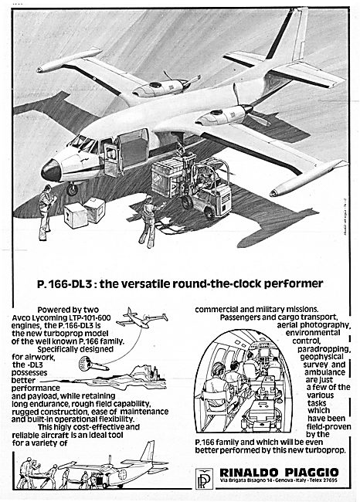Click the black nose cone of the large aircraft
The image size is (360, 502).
coord(51,171)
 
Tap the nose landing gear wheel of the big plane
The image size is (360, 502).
coord(72,189)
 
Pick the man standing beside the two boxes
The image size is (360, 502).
coord(46,212)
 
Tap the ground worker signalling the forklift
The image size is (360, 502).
coord(150,222)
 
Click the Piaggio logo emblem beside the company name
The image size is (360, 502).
coord(204,478)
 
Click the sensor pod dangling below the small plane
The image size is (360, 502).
coord(93,364)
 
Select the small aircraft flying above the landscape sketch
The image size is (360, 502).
coord(141,317)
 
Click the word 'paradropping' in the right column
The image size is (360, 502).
coord(324,349)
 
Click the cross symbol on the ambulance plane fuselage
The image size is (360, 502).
coord(122,474)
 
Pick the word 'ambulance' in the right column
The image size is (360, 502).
coord(324,372)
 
